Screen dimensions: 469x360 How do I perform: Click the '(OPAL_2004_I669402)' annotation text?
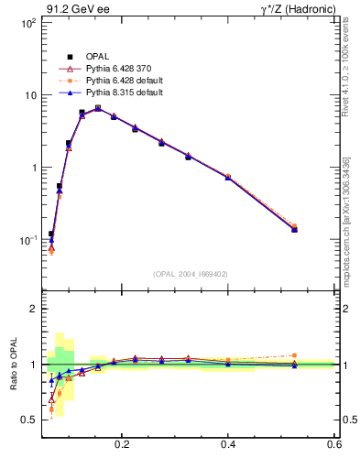[191, 272]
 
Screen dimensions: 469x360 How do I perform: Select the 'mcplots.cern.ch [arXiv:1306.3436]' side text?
[346, 221]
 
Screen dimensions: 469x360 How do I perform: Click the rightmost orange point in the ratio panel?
[294, 355]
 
